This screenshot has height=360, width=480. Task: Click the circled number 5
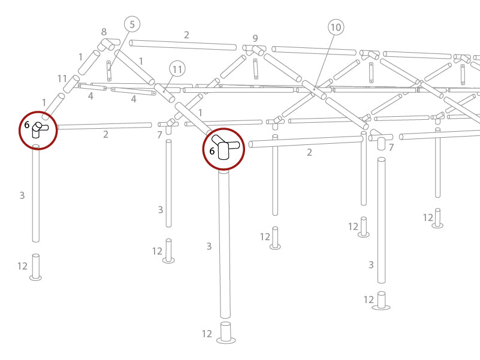click(x=132, y=25)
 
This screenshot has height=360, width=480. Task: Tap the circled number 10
click(x=336, y=27)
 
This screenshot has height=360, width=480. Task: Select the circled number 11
click(x=177, y=69)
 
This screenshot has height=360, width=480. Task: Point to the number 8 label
click(x=104, y=32)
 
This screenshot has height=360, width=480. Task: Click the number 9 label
click(x=255, y=38)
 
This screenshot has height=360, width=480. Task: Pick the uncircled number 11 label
click(x=62, y=78)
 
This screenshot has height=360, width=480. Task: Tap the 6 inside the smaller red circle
click(x=27, y=125)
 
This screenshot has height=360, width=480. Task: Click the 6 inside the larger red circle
click(x=212, y=152)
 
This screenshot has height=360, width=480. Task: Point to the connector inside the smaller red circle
click(x=40, y=129)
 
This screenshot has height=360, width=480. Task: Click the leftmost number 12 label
click(x=22, y=266)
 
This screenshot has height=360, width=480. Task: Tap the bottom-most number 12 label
click(x=207, y=334)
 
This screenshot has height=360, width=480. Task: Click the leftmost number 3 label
click(x=22, y=195)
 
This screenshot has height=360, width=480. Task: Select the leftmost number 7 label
click(x=159, y=135)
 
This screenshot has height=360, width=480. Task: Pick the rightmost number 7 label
click(x=391, y=147)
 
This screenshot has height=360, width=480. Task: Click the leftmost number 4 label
click(x=90, y=96)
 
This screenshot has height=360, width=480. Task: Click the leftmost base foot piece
click(x=36, y=268)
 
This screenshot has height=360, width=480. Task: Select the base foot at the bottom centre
click(x=225, y=333)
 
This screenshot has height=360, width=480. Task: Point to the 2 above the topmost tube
click(x=186, y=35)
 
